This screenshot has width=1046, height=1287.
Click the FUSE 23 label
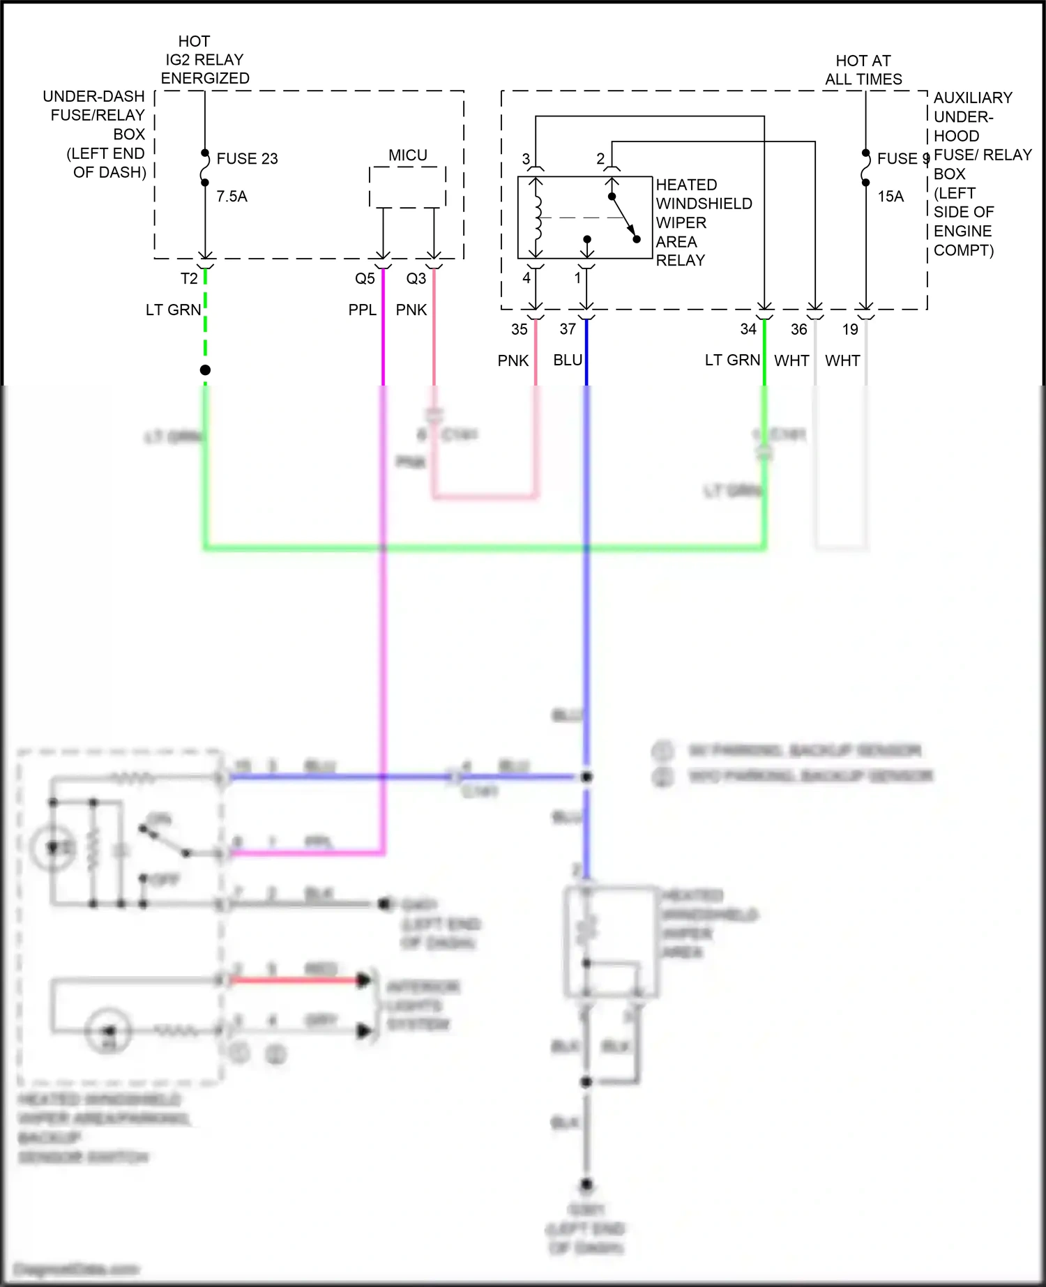[247, 159]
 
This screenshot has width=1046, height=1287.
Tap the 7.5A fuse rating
[232, 197]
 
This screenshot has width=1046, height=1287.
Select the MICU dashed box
[407, 187]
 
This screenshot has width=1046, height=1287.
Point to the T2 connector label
[189, 279]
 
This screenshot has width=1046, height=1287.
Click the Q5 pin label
[365, 279]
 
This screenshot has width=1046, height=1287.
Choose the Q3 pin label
[416, 279]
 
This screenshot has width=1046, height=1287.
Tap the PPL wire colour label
[362, 310]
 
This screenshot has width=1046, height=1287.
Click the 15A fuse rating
[890, 197]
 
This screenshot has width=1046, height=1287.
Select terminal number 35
[520, 329]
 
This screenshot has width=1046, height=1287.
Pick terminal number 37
[568, 329]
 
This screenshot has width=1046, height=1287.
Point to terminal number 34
[748, 329]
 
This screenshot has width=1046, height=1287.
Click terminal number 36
[799, 329]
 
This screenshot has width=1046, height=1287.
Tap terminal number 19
[850, 329]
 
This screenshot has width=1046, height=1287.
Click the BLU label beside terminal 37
[568, 360]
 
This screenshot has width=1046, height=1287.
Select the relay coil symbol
[536, 218]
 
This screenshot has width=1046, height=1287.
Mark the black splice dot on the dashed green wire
[205, 370]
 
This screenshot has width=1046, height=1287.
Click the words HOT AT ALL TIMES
[863, 70]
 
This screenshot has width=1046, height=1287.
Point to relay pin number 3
[526, 160]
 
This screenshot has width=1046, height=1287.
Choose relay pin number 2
[600, 160]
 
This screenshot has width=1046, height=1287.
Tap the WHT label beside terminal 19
[842, 361]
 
